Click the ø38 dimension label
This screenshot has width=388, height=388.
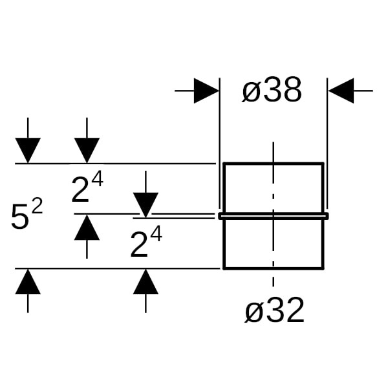tap(272, 92)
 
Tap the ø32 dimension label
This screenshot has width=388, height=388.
tap(274, 312)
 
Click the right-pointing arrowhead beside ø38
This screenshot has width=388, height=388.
tap(206, 91)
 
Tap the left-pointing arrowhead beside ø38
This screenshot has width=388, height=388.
tap(341, 91)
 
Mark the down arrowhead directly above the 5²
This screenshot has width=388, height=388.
tap(28, 151)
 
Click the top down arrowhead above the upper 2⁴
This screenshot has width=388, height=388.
tap(87, 151)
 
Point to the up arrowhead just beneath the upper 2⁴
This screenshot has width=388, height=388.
tap(87, 227)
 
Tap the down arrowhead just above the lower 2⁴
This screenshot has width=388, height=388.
tap(145, 204)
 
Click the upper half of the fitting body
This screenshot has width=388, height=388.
tap(273, 188)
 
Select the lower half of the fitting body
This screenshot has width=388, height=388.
tap(273, 243)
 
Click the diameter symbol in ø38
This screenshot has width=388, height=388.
tap(252, 94)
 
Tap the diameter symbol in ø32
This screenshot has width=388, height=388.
tap(254, 314)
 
